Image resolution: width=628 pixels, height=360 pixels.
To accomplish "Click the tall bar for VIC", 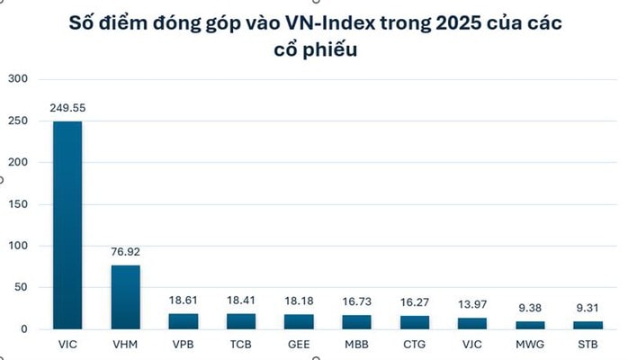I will pos(67,225).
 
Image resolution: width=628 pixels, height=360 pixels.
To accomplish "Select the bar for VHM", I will pos(125,297).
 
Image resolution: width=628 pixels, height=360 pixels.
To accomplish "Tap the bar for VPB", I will pos(183,320).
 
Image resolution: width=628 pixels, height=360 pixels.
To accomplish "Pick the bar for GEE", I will pos(298,320).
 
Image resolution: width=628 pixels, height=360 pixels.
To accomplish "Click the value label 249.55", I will pos(67,109).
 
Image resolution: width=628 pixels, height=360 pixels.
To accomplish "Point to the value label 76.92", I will pos(125,253).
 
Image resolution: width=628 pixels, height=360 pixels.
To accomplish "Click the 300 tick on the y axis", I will pos(18,79).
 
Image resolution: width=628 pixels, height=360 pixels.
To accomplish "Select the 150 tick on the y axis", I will pos(18,204).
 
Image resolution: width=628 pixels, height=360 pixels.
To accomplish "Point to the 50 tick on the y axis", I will pos(22,288).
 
